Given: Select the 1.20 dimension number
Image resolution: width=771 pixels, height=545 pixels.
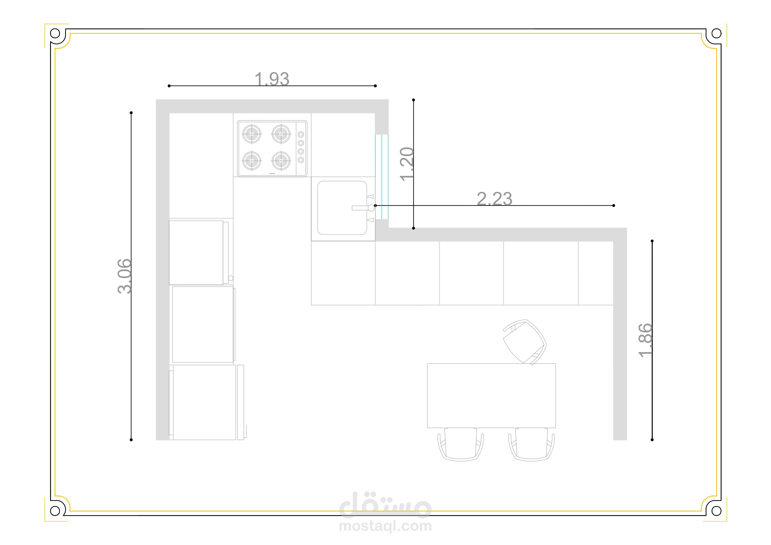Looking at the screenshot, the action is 407,164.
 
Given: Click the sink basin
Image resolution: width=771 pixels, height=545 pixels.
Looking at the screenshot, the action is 342,208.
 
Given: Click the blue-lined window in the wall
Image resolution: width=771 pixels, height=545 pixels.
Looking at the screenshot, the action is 382,177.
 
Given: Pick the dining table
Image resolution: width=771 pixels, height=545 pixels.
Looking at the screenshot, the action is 491,396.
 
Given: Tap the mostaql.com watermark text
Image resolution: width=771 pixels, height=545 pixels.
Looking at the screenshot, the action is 385,526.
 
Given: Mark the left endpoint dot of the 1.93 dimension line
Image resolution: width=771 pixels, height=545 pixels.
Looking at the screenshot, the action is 169,86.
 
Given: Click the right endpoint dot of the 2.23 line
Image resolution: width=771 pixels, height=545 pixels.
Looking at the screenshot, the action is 613,205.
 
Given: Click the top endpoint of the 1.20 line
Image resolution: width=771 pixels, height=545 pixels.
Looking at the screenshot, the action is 413,100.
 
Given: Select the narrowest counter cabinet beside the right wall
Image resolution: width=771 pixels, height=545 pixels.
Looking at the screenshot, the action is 596,273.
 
